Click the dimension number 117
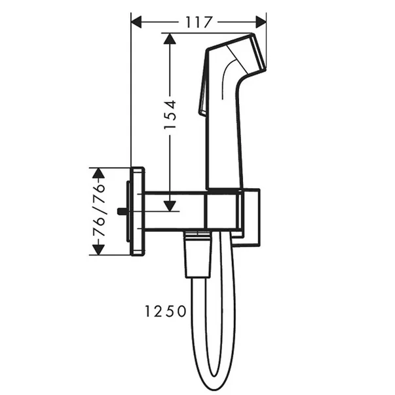[198, 22]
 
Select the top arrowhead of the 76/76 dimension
[98, 173]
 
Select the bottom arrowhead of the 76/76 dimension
[98, 250]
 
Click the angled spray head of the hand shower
[239, 56]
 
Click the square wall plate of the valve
[138, 212]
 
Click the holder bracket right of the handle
[250, 216]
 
